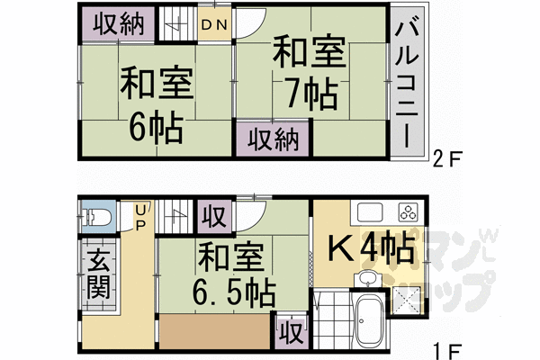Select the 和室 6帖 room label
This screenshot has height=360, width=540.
coord(156,105)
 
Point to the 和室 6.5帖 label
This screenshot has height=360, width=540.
coord(233,274)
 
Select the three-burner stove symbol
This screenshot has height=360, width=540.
coord(407,213)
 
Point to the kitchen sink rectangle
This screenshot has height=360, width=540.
coord(370,213)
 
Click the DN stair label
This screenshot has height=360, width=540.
coord(213,24)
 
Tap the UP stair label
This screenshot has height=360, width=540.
coord(139,216)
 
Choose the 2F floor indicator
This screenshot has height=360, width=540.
coord(447,159)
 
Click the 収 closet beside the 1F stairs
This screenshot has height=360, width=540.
coord(214,218)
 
